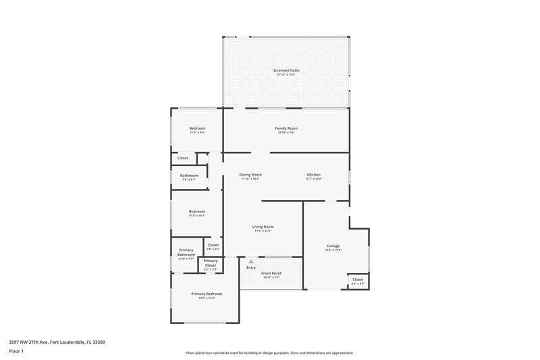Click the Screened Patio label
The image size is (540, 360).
pos(286,70)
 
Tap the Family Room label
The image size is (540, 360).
pos(286,128)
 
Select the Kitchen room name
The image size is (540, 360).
pos(313,174)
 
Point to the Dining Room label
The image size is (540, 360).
pos(250,174)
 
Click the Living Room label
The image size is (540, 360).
pos(263,227)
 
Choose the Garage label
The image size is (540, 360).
pos(333,246)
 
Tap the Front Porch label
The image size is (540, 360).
pos(271,273)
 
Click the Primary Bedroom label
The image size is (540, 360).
pos(207,294)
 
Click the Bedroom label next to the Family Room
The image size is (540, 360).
pos(197,128)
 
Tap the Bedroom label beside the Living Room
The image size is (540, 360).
pos(197,211)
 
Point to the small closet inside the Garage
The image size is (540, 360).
pos(358,279)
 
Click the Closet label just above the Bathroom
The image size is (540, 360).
pos(183,158)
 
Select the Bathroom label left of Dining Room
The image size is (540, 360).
pos(189,176)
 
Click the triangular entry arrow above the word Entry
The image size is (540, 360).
pos(251,261)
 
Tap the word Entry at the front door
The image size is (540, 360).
pos(251,268)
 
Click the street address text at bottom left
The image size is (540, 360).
pos(57,342)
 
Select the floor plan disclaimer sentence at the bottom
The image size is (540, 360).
pos(270,353)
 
